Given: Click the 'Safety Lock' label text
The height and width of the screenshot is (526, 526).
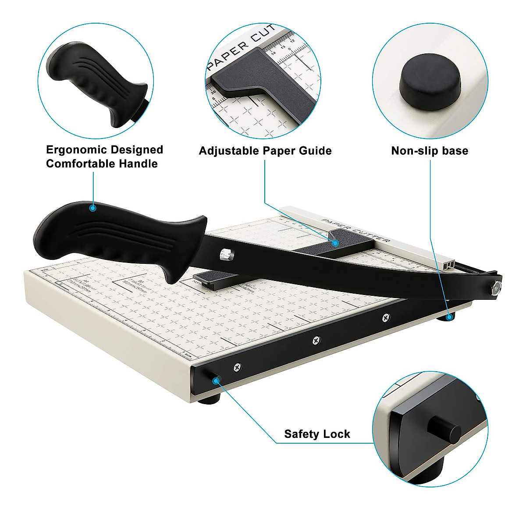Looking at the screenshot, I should [x=317, y=434].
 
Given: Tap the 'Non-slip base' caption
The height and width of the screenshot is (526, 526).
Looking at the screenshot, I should [x=430, y=151].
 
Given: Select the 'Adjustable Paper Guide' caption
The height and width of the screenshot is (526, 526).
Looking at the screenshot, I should [x=265, y=151].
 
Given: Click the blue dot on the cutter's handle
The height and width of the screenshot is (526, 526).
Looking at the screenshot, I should [x=92, y=208].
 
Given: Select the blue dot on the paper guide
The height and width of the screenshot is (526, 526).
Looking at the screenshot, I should [x=335, y=242].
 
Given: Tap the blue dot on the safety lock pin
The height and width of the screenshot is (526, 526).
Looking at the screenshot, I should [x=215, y=380].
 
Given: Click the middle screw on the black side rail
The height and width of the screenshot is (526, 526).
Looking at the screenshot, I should [x=316, y=340].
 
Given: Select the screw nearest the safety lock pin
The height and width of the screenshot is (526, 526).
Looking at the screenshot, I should [x=237, y=366].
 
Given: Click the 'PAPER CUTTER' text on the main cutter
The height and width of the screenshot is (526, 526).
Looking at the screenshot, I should [x=355, y=230].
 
